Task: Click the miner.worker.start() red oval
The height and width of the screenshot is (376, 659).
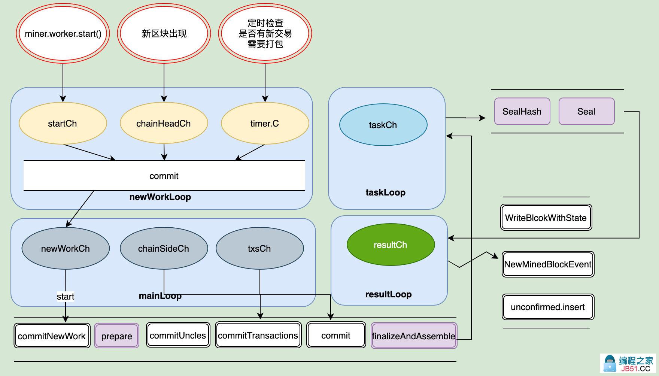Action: (63, 34)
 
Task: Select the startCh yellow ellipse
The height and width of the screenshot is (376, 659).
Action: (63, 123)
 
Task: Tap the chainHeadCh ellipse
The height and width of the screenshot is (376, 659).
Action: (164, 123)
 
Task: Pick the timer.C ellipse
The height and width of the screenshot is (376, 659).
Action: (265, 123)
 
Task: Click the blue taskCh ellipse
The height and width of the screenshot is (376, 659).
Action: (383, 125)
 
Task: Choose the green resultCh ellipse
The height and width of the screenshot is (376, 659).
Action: (391, 245)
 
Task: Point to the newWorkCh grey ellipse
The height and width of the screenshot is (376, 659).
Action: (66, 248)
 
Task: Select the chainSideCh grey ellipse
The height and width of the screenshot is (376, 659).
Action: (164, 248)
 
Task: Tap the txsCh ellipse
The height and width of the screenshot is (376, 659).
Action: (259, 248)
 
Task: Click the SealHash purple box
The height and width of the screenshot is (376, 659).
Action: (522, 111)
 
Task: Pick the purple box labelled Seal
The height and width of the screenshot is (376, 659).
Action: (586, 111)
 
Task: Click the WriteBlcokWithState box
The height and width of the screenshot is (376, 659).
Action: (546, 218)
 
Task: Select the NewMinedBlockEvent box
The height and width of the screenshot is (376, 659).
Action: (548, 264)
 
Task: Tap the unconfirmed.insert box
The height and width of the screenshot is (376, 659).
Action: (548, 307)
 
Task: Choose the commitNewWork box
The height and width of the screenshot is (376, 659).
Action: (52, 336)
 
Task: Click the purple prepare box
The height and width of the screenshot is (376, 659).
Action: (116, 336)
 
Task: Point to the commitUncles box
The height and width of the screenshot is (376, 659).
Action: (178, 335)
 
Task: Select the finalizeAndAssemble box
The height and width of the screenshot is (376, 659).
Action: (414, 336)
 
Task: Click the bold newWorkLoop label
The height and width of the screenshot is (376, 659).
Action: (160, 197)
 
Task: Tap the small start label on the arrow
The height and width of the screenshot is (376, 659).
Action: (66, 297)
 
